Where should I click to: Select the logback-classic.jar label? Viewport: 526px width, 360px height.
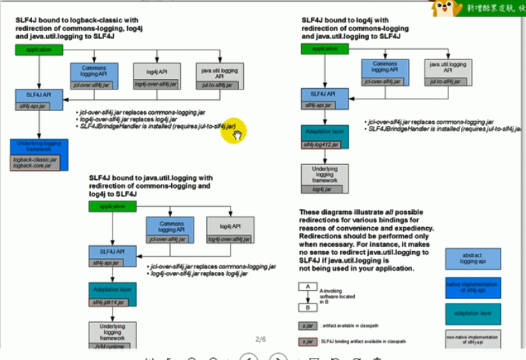(x=35, y=160)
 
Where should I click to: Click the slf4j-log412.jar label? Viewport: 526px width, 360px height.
(x=321, y=145)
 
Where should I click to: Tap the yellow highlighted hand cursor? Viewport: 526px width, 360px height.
(x=235, y=131)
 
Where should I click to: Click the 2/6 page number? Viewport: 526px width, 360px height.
(x=261, y=340)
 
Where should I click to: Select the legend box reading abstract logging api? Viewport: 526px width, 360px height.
(x=473, y=259)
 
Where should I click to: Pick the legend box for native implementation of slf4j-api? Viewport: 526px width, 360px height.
(x=473, y=287)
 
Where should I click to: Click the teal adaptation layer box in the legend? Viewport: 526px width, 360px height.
(x=473, y=314)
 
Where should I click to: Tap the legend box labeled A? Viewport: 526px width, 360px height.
(x=306, y=287)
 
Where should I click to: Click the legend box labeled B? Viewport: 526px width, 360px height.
(x=306, y=307)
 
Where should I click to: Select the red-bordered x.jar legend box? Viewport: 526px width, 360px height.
(x=306, y=342)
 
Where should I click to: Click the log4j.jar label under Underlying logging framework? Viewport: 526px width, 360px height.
(x=325, y=189)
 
